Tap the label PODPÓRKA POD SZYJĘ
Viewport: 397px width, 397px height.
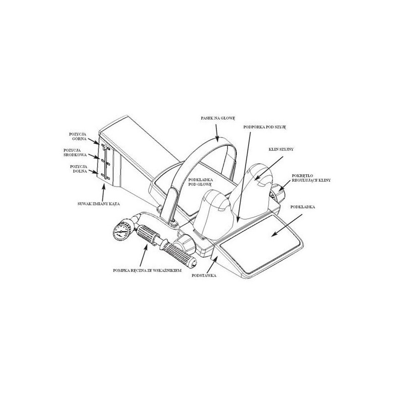click(x=265, y=127)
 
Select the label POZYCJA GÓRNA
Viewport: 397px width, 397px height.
click(x=78, y=137)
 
